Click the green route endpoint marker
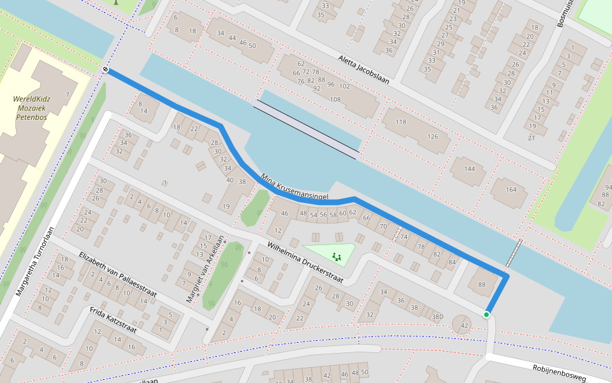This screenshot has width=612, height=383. (x=486, y=314)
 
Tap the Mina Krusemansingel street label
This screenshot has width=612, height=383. (x=294, y=186)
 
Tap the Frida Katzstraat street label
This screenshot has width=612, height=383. (x=113, y=320)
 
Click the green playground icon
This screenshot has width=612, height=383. (x=336, y=257)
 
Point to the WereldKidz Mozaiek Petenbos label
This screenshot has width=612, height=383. (x=32, y=109)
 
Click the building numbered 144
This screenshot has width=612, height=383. (x=470, y=169)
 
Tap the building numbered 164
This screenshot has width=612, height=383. (x=511, y=190)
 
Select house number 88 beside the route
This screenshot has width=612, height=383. (x=481, y=285)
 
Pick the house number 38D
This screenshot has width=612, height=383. (x=437, y=316)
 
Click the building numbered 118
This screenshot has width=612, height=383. (x=400, y=122)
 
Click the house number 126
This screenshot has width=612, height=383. (x=433, y=136)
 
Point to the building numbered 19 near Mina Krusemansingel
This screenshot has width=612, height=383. (x=226, y=206)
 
